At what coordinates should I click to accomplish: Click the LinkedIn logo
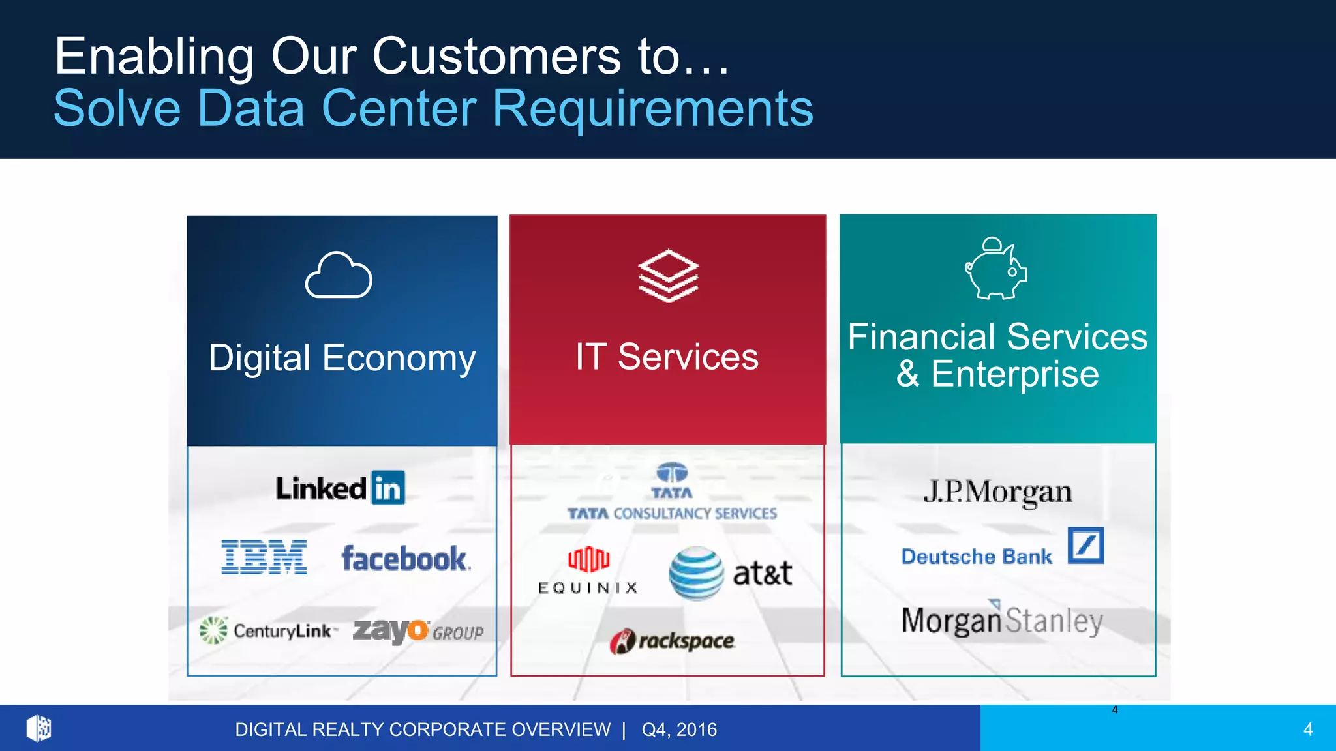coord(340,488)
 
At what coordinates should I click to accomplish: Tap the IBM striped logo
coord(264,557)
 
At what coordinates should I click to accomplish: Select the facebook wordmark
coord(405,559)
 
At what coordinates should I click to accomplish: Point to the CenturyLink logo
coord(269,630)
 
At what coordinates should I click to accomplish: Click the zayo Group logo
coord(418,630)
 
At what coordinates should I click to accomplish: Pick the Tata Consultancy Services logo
coord(672,492)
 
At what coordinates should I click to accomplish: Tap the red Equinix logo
coord(588,559)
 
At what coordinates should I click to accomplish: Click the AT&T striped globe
coord(696,573)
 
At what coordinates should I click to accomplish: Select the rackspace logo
coord(673,641)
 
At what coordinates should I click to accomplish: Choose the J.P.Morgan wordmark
coord(997,492)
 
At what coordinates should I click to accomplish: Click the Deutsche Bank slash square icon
coord(1085,545)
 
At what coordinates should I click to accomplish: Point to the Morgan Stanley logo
coord(1002,620)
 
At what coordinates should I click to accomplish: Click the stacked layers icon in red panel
coord(669,276)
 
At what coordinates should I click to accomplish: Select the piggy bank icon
coord(996,269)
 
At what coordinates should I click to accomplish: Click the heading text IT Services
coord(667,357)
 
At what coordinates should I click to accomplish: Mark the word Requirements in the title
coord(653,108)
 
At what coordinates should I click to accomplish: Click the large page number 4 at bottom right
coord(1308,729)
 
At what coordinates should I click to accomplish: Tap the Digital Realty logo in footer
coord(39,728)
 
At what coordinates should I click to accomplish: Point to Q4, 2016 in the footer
coord(679,729)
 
